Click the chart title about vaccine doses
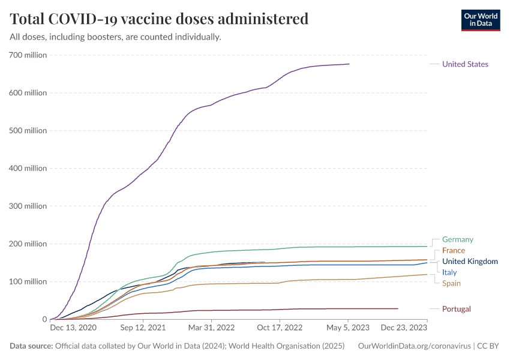click(159, 19)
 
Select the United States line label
click(465, 64)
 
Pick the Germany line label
click(457, 239)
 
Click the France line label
click(453, 250)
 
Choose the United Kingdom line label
click(470, 262)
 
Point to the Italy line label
click(449, 272)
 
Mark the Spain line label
click(451, 283)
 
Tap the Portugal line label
click(456, 309)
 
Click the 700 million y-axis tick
click(28, 55)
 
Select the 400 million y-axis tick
click(28, 169)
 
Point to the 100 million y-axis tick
click(28, 281)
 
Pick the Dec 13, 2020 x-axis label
click(73, 328)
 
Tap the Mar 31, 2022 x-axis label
click(211, 328)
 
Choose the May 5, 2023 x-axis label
click(347, 328)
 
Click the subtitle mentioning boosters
click(115, 37)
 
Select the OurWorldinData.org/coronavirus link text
click(413, 346)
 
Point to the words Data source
click(31, 346)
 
